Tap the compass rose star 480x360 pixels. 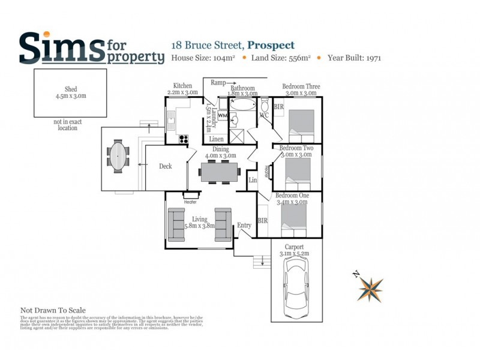[370, 289]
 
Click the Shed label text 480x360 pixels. [70, 89]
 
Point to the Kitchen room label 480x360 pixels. [182, 86]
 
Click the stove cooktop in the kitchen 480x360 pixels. [182, 138]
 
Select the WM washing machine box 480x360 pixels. [222, 114]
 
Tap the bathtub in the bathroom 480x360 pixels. [243, 106]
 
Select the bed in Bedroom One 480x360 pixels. [293, 218]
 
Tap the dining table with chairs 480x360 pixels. [218, 172]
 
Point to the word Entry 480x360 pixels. [244, 226]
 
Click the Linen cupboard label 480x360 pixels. [217, 139]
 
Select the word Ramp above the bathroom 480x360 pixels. [218, 83]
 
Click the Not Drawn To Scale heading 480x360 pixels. [53, 310]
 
